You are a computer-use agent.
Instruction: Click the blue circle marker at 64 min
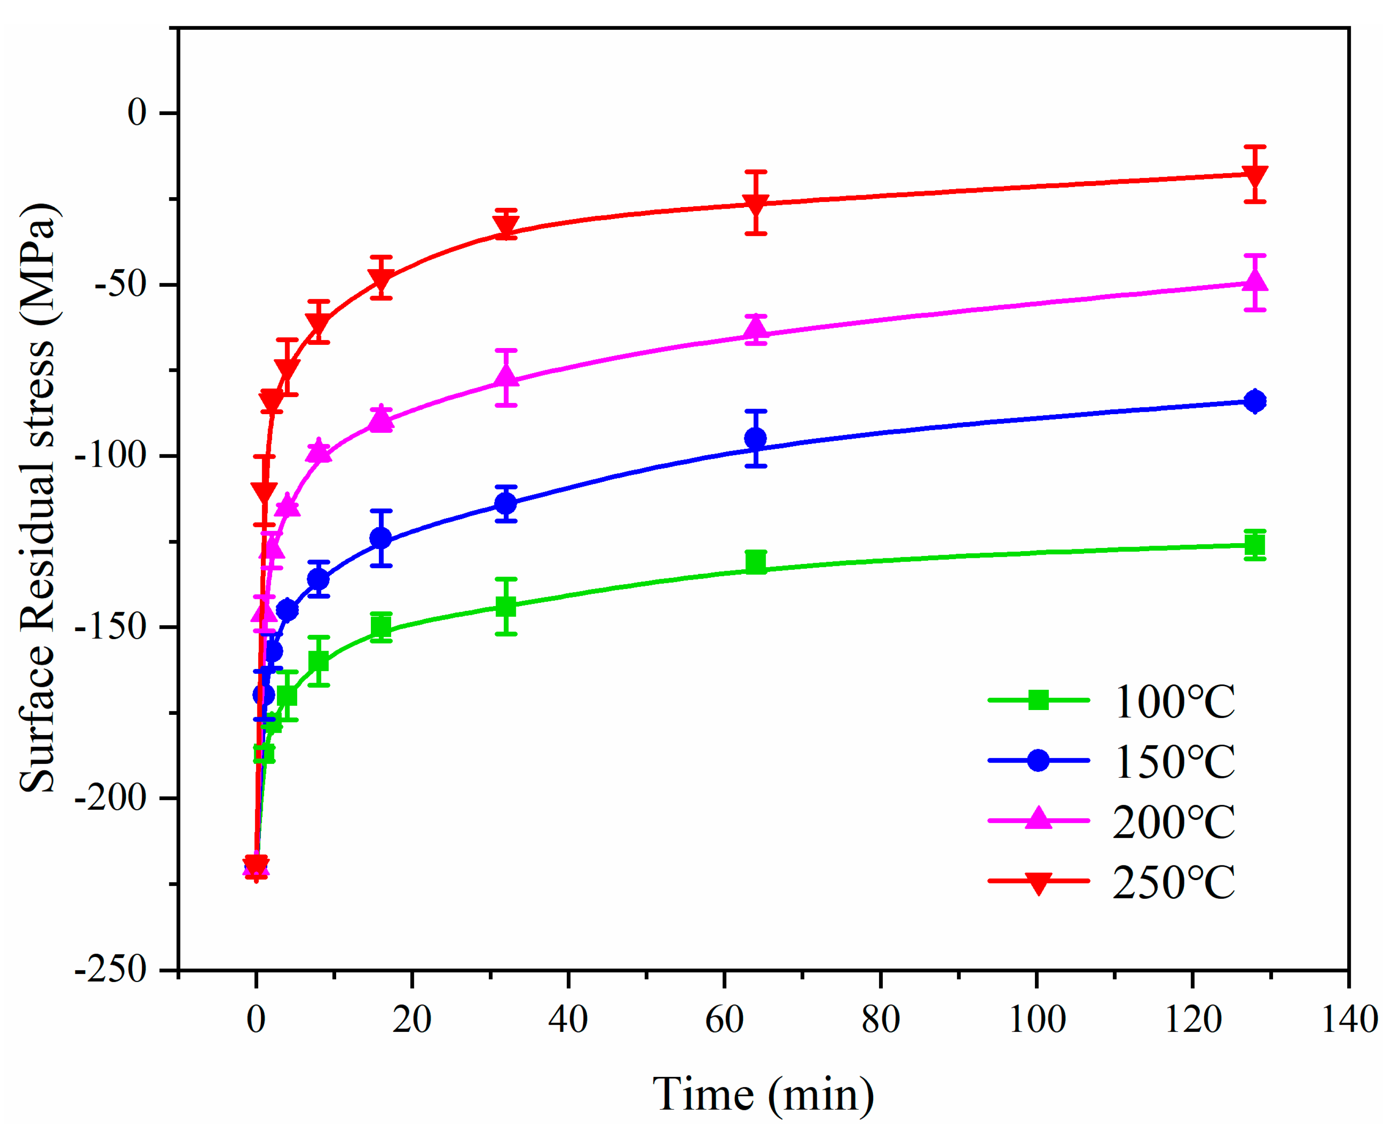[756, 439]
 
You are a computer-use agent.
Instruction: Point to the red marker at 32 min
[505, 226]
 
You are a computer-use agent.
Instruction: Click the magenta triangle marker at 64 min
[756, 330]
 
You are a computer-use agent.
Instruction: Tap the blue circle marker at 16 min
[381, 538]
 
